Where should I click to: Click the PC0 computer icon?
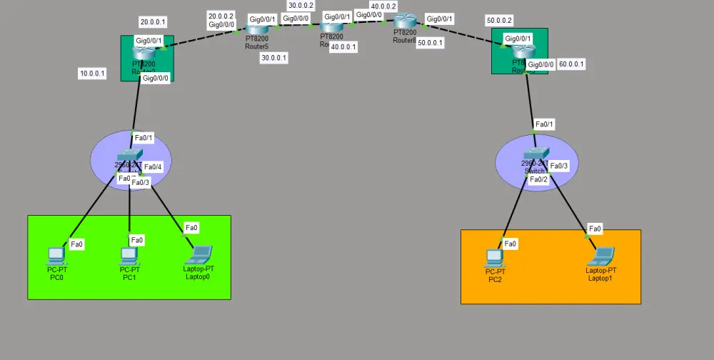[x=56, y=255]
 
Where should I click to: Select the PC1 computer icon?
[x=129, y=255]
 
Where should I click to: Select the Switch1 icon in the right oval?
[x=534, y=156]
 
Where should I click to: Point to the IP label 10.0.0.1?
[x=93, y=74]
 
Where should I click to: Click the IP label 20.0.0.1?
[x=151, y=21]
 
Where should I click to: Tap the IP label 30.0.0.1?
[x=274, y=58]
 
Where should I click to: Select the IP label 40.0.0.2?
[x=383, y=6]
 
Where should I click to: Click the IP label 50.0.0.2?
[x=500, y=21]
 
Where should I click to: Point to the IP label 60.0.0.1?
[x=571, y=64]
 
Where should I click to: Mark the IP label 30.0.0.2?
[x=301, y=6]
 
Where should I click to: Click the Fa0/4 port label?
[x=154, y=167]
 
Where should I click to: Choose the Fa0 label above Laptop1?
[x=595, y=229]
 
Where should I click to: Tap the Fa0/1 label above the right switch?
[x=543, y=124]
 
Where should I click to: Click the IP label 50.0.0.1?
[x=431, y=43]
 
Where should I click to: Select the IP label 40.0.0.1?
[x=343, y=47]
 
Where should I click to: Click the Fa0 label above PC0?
[x=77, y=244]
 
